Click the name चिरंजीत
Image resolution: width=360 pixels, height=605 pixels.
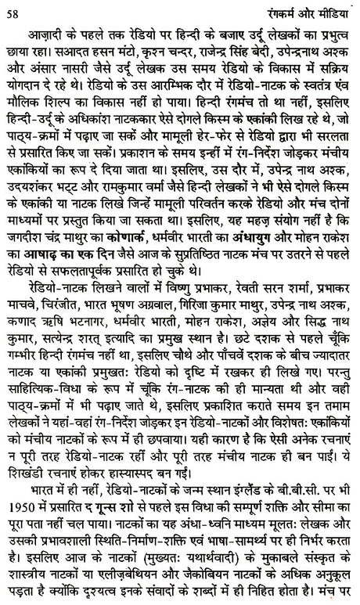click(x=74, y=299)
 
